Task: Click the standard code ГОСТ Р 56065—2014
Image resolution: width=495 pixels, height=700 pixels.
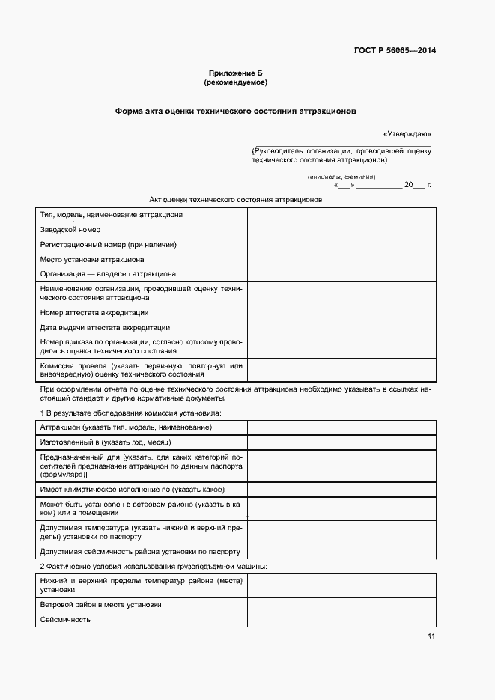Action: [x=394, y=51]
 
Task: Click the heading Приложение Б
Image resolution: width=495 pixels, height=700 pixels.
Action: [x=236, y=73]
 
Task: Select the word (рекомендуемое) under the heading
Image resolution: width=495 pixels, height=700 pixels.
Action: [x=236, y=82]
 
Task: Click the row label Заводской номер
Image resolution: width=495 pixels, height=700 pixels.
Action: [x=70, y=230]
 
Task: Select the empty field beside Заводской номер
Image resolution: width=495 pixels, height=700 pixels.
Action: [x=341, y=230]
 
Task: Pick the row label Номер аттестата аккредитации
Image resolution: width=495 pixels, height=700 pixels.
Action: [x=94, y=312]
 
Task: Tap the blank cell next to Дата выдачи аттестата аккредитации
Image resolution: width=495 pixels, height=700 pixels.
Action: [x=341, y=327]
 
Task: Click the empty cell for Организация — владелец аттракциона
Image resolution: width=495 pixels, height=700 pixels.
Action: [x=341, y=274]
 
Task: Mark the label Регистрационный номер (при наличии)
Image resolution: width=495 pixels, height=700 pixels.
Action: [x=108, y=245]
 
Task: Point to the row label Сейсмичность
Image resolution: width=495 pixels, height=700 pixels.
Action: [x=65, y=619]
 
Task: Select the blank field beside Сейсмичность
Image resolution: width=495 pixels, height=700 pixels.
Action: [x=341, y=619]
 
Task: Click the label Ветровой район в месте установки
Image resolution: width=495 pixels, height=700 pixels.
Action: [x=100, y=604]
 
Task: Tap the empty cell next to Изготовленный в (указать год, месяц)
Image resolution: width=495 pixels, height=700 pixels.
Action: [x=341, y=442]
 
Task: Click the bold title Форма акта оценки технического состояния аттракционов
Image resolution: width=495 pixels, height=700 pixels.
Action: [x=236, y=110]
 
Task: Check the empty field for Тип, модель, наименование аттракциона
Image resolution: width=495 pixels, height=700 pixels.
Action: [x=341, y=215]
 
